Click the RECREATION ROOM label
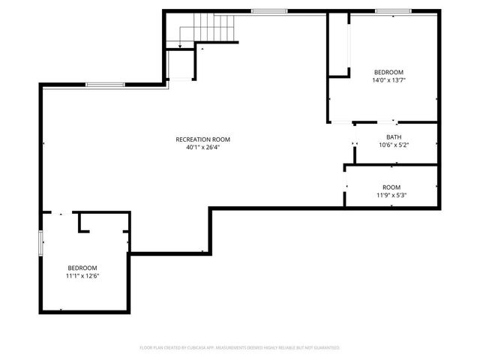coord(202,139)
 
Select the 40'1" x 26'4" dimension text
coord(202,148)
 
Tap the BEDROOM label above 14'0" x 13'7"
coord(388,72)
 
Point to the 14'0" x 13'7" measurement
coord(388,80)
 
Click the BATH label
coord(394,136)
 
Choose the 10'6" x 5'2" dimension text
coord(394,145)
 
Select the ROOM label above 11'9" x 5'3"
coord(391,187)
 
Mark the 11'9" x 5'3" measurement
coord(391,196)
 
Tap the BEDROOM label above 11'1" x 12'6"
coord(82,268)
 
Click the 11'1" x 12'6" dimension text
coord(82,276)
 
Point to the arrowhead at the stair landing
coord(180,46)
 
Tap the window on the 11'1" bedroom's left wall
coord(40,245)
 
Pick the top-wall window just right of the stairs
coord(264,10)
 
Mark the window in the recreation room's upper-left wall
coord(100,84)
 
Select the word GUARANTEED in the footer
coord(325,348)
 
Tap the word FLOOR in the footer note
coord(146,348)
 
